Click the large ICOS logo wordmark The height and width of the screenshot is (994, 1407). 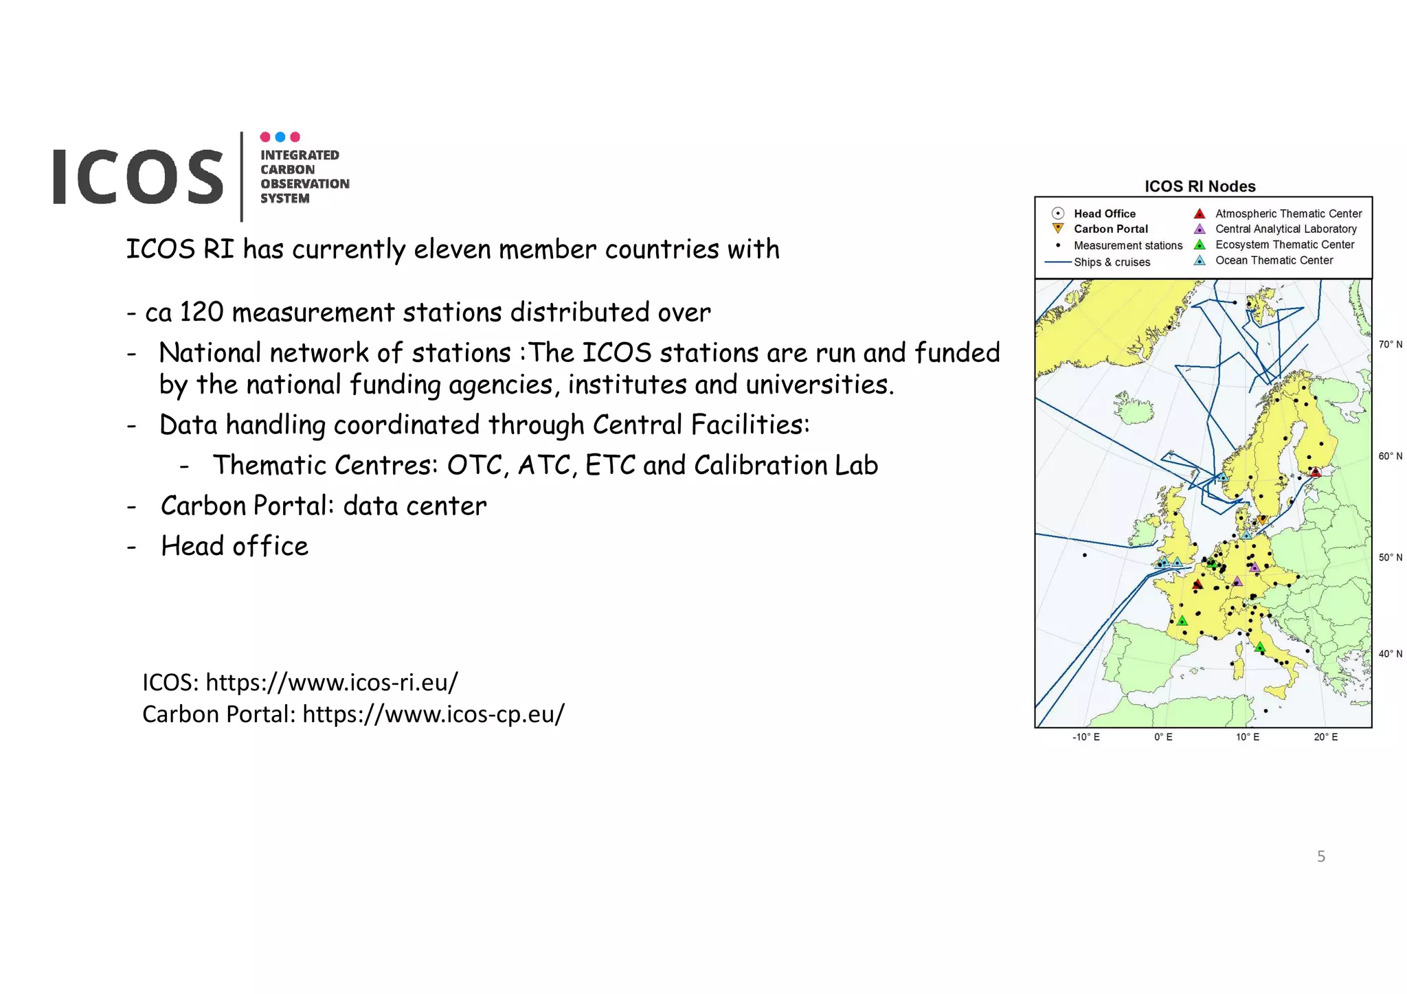tap(138, 177)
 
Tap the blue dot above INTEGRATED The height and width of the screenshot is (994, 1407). tap(280, 137)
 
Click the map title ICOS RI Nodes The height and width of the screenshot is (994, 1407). tap(1200, 186)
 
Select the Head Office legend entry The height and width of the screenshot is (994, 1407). tap(1104, 214)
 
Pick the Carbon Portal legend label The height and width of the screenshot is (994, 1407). tap(1110, 229)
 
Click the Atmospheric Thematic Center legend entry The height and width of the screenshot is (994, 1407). tap(1287, 214)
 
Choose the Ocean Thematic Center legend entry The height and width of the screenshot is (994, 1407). tap(1273, 260)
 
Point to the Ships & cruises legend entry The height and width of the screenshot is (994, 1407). tap(1111, 262)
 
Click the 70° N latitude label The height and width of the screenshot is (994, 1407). tap(1390, 344)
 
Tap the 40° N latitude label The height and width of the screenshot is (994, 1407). tap(1390, 653)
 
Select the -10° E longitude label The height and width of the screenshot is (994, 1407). tap(1085, 737)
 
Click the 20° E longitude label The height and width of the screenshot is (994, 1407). tap(1325, 737)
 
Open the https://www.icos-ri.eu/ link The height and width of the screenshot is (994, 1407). tap(332, 682)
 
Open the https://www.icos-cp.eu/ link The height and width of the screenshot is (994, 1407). tap(433, 714)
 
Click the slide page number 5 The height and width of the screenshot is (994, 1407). tap(1320, 856)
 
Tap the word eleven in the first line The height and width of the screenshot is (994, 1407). tap(452, 249)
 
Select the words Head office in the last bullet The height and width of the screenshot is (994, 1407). tap(234, 546)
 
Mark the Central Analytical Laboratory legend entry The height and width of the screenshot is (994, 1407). tap(1285, 229)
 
